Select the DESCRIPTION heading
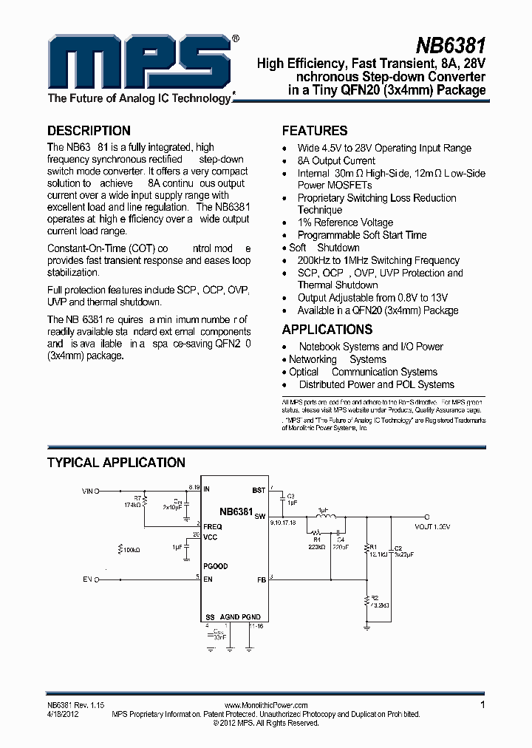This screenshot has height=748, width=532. coord(89,131)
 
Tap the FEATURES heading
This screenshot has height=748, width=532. coord(315,131)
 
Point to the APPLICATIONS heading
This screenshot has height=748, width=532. coord(327,330)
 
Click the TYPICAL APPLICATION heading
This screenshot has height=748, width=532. coord(116,463)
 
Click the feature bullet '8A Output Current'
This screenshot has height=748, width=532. coord(336,160)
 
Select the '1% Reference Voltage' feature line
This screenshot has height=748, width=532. coord(345,222)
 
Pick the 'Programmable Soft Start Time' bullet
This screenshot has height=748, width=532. coord(362,235)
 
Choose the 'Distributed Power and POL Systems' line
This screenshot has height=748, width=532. coord(376,384)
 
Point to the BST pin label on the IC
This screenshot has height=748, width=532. coord(259,490)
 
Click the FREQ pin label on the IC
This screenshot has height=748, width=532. coord(212,526)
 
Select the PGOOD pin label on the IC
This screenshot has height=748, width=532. coord(215,566)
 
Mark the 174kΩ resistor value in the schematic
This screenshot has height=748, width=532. coord(134,504)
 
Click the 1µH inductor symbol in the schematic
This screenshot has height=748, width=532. coord(323,517)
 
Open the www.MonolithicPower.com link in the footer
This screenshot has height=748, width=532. coord(265,706)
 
